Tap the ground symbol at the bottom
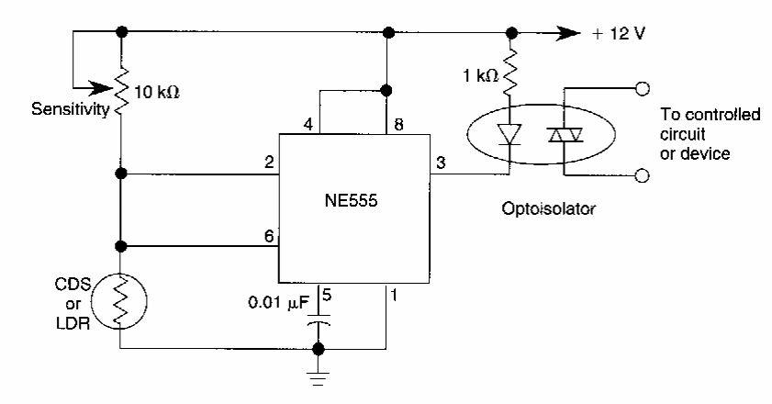tap(319, 379)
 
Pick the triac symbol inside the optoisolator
tap(564, 135)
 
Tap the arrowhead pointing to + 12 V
tap(575, 33)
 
